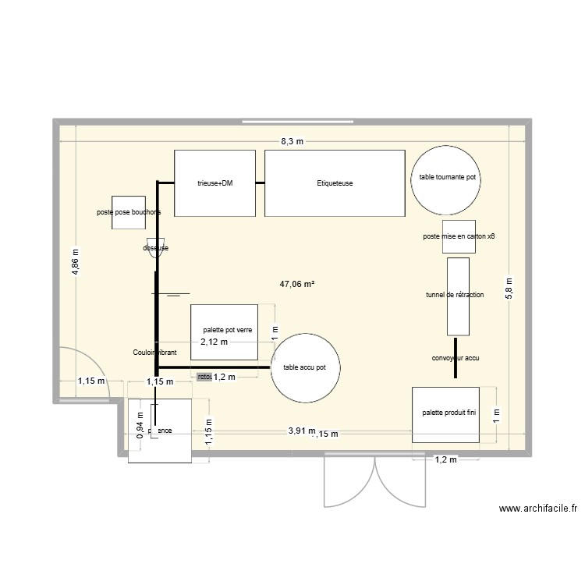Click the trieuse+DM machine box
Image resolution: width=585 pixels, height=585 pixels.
tap(215, 183)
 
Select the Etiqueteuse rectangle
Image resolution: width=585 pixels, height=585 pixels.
tap(335, 183)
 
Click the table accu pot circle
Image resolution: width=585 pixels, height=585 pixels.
tap(310, 367)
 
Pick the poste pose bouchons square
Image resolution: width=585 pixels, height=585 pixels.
tap(129, 212)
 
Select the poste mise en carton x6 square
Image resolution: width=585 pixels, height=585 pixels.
tap(459, 236)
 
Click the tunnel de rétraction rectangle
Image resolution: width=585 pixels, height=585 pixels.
tap(457, 296)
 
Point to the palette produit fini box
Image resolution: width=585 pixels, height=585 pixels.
tap(448, 414)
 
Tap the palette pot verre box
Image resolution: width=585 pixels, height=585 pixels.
tap(225, 331)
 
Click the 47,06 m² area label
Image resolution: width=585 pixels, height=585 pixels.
tap(297, 285)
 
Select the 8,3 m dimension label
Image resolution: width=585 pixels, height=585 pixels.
tap(292, 141)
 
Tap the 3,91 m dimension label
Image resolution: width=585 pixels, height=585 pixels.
tap(301, 431)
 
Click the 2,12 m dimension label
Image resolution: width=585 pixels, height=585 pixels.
tap(214, 342)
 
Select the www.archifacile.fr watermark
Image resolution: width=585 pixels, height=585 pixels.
tap(537, 509)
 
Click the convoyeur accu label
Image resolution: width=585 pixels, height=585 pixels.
tap(456, 359)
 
